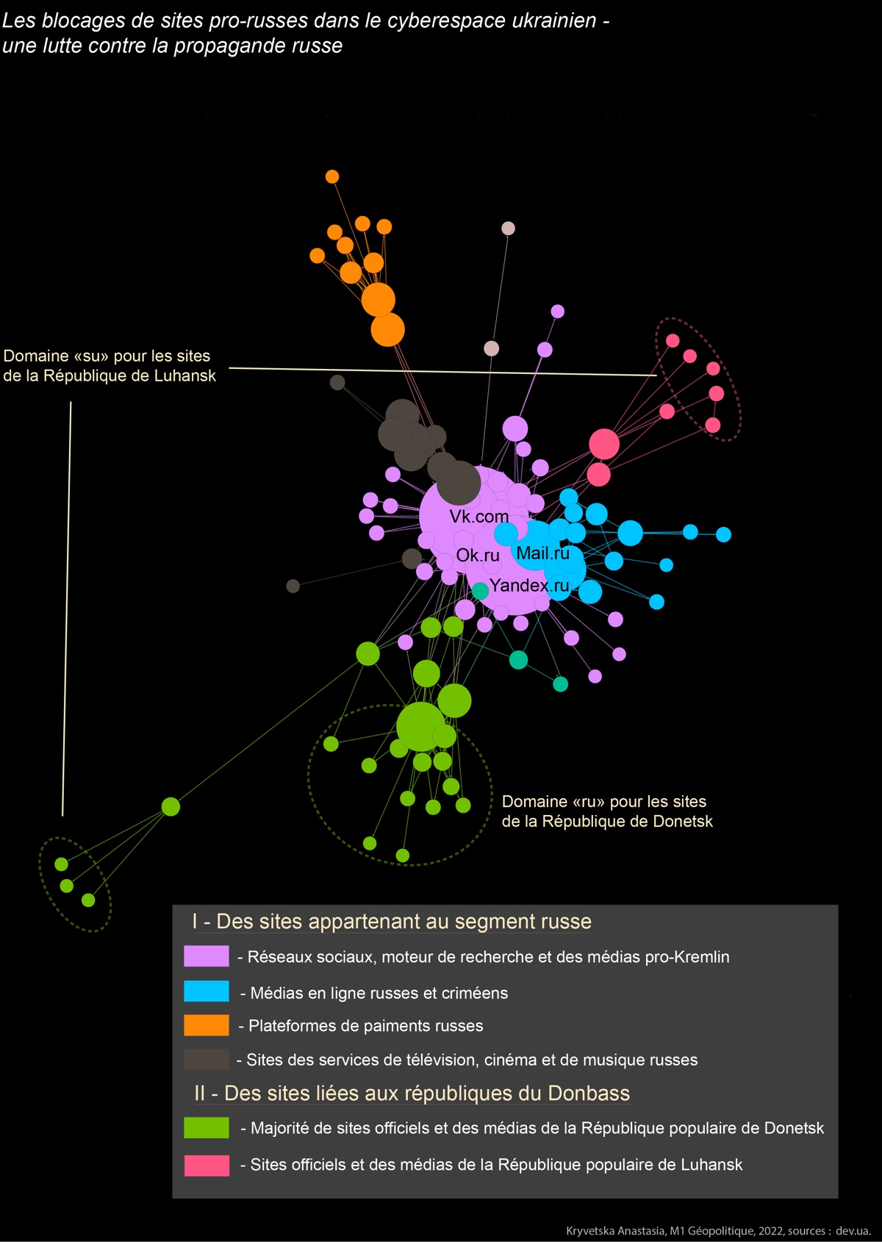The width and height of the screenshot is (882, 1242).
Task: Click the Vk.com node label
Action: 478,517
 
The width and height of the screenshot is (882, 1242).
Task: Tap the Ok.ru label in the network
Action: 477,555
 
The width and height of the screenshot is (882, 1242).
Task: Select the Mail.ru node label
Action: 542,553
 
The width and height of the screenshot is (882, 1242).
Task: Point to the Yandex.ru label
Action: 529,585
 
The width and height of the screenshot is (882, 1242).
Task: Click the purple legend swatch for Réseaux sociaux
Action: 207,956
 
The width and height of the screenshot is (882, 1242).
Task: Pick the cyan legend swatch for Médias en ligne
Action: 207,991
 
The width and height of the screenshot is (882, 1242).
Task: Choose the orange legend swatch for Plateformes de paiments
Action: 207,1025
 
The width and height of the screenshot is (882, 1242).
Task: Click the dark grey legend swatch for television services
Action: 207,1059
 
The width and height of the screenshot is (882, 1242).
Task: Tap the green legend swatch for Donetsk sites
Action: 207,1128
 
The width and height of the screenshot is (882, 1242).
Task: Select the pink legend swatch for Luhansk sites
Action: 207,1166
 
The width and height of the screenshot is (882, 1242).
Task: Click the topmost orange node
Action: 332,176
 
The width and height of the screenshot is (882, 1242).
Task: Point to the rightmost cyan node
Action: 723,534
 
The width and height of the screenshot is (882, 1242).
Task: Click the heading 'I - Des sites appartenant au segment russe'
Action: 391,922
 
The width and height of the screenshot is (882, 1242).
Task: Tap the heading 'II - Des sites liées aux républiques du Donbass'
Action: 412,1093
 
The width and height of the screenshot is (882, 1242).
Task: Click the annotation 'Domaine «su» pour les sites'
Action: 107,356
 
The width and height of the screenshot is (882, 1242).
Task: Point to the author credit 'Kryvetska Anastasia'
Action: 615,1231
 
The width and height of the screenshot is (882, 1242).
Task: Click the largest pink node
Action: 603,444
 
